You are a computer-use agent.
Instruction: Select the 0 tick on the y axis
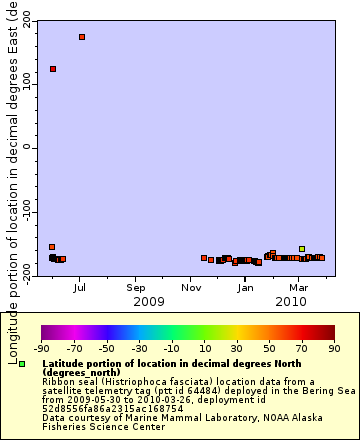pyautogui.click(x=27, y=147)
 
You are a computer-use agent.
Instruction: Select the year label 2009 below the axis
pyautogui.click(x=149, y=301)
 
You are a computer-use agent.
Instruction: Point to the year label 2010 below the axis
pyautogui.click(x=291, y=301)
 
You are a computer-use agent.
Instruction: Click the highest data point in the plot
pyautogui.click(x=82, y=37)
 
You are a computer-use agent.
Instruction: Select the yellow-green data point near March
pyautogui.click(x=302, y=249)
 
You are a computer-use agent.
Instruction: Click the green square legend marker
pyautogui.click(x=22, y=364)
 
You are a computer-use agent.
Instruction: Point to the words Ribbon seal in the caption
pyautogui.click(x=67, y=381)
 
